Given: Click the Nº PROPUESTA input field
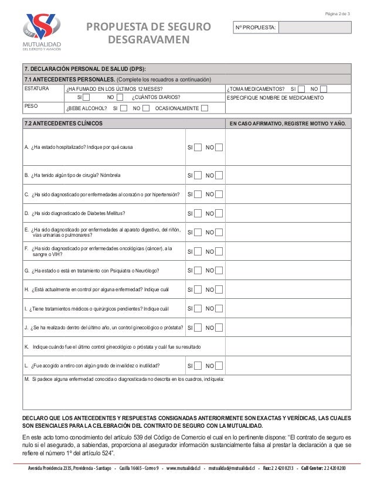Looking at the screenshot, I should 315,28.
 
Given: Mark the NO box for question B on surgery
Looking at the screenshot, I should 219,175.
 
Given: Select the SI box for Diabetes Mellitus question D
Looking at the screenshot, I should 199,213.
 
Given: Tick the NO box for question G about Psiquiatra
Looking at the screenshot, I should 219,271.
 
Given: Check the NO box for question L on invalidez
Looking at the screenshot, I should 219,366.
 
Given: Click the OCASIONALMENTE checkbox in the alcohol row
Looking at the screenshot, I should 204,108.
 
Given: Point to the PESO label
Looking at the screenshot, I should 30,106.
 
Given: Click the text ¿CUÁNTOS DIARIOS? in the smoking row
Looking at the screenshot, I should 157,97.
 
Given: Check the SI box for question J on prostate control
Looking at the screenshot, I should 199,328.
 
